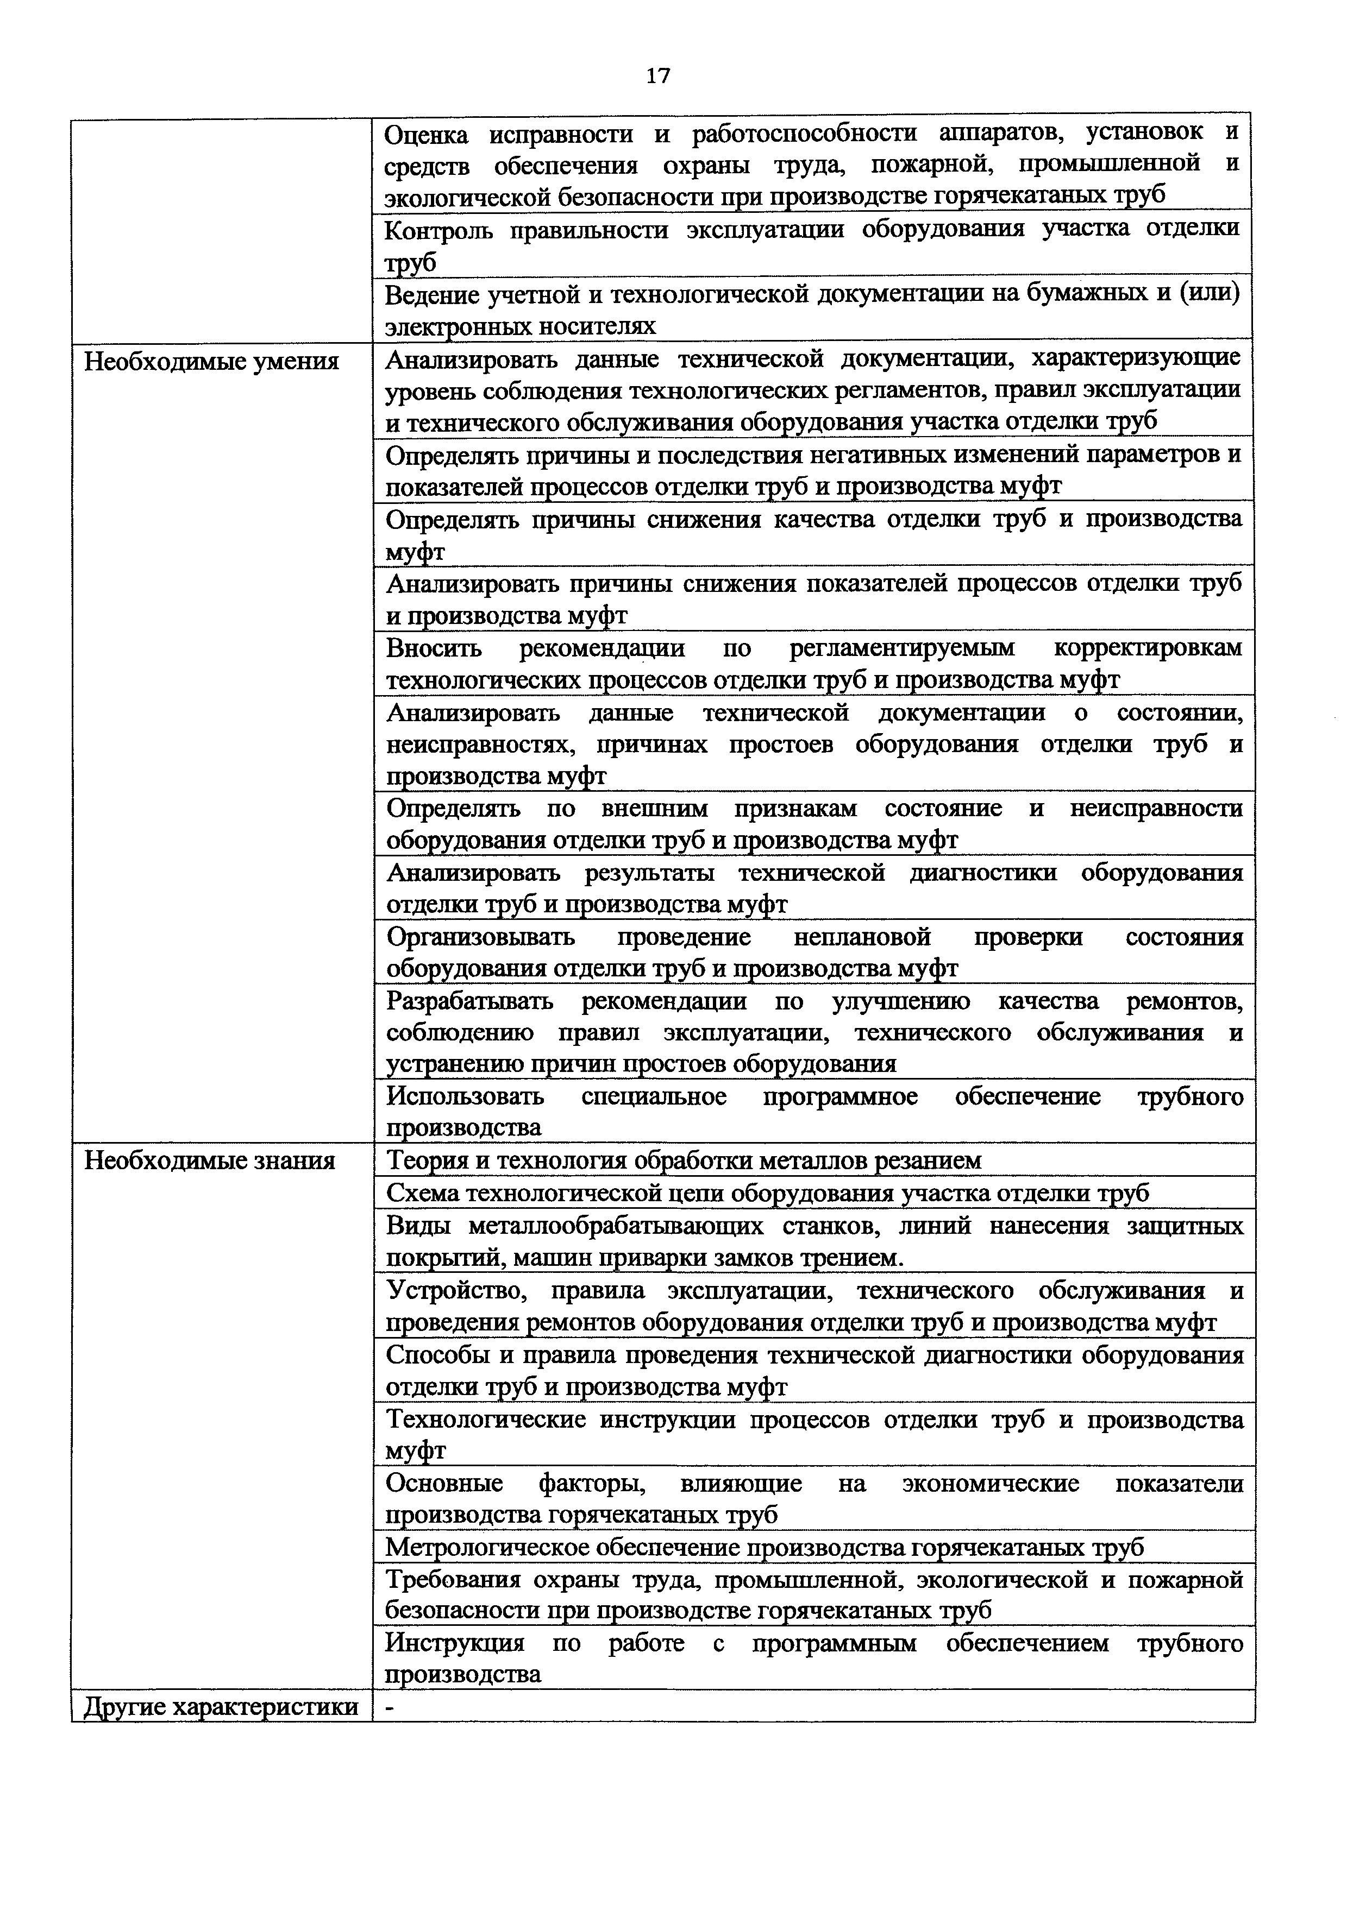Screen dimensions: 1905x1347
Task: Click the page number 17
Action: pos(657,77)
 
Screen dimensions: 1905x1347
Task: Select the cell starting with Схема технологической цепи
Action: pos(768,1193)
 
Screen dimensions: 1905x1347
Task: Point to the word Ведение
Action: pos(431,294)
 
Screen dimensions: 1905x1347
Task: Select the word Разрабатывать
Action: pos(470,1002)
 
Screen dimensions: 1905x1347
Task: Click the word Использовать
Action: pos(465,1097)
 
